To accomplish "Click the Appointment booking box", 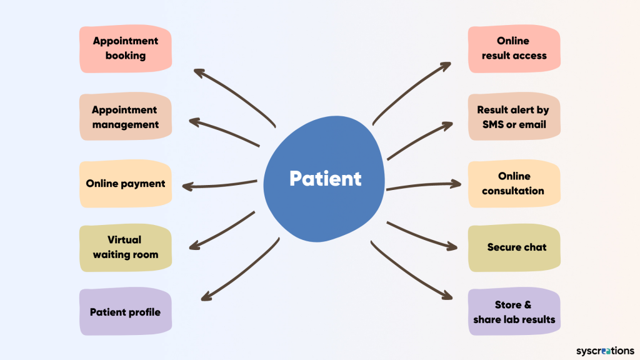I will coord(125,48).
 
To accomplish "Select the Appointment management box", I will coord(125,117).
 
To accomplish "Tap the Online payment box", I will coord(125,184).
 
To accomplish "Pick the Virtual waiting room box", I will coord(125,247).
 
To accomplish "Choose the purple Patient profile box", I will coord(125,312).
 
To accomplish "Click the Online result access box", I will coord(514,48).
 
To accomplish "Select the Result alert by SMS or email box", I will coord(514,117).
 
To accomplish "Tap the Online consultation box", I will coord(514,184).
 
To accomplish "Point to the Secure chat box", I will coord(514,247).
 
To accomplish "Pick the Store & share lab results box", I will coord(514,312).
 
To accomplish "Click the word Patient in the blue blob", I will coord(325,179).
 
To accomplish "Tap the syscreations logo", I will coord(604,351).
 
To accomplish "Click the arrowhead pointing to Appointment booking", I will coord(198,72).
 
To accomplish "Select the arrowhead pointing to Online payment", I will coord(186,186).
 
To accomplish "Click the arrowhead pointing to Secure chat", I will coord(453,247).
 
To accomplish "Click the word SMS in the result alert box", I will coord(493,124).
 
